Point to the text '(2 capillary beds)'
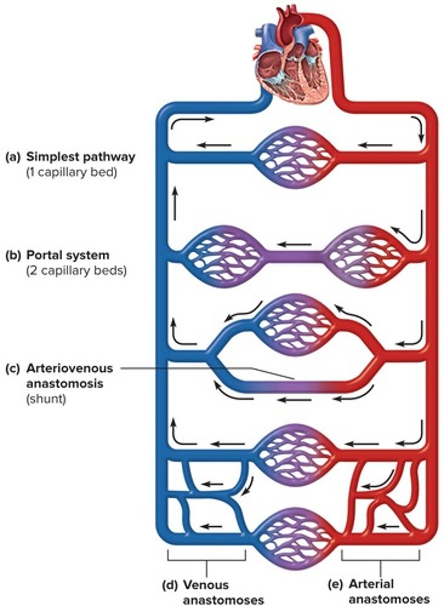click(x=76, y=271)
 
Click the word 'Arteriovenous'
click(x=70, y=368)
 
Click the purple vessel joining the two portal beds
click(x=293, y=256)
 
